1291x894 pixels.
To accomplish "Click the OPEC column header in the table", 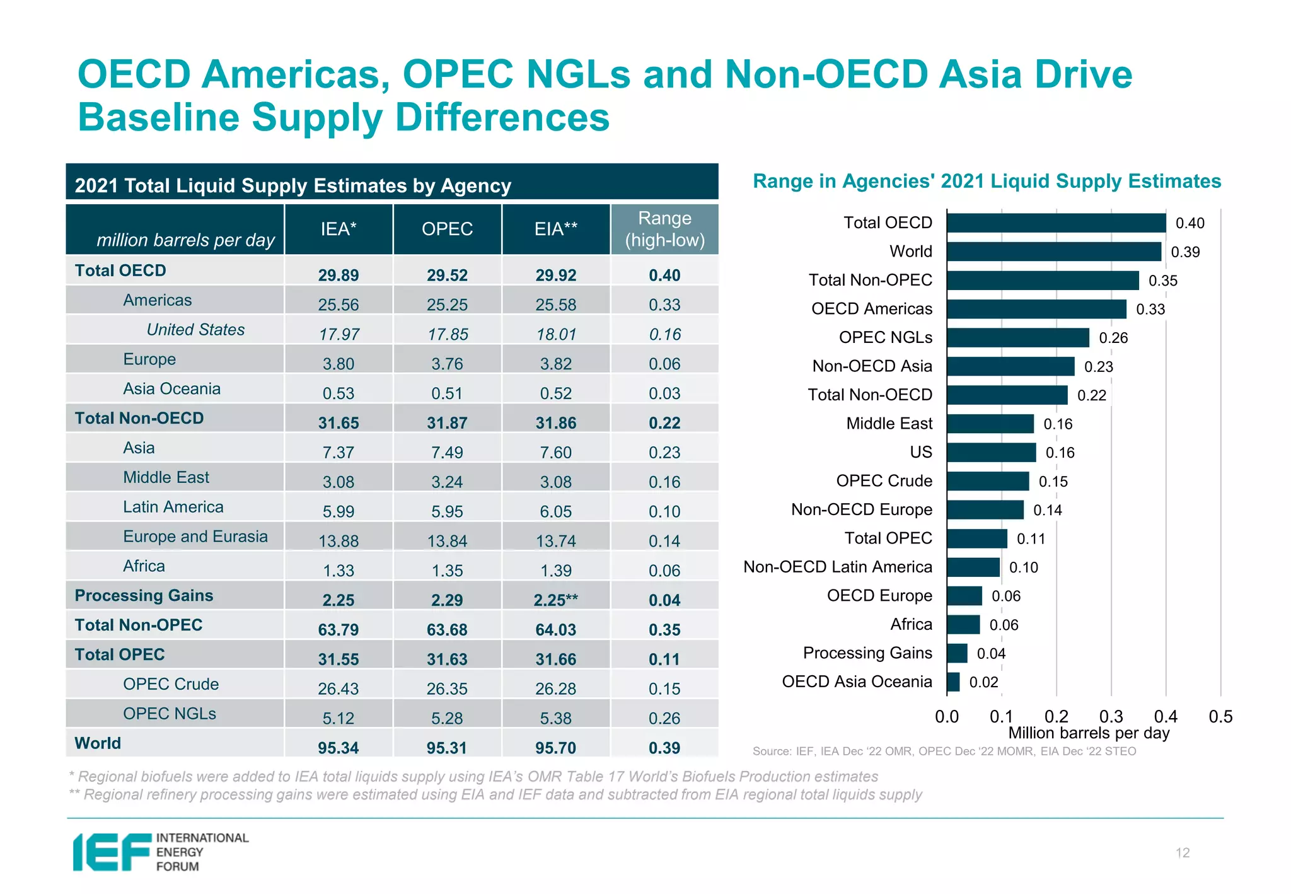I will coord(447,229).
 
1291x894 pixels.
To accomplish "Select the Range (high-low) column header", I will coord(664,229).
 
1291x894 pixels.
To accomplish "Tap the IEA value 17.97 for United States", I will coord(339,334).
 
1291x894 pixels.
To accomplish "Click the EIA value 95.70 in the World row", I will coord(555,748).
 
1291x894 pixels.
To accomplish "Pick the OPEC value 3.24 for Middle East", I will coord(447,482).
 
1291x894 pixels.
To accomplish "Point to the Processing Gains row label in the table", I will coord(144,596).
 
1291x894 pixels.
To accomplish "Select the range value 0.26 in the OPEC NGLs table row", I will coord(664,718).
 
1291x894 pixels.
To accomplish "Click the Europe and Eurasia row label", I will coord(195,537).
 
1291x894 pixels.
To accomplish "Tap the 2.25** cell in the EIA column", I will coord(555,600).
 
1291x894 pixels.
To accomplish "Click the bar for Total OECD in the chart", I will coord(1056,223).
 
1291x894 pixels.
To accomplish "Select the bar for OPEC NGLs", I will coord(1017,338).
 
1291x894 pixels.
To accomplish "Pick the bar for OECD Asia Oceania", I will coord(953,682).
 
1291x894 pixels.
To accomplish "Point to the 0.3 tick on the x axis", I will coord(1111,717).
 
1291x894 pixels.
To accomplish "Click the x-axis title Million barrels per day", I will coord(1089,733).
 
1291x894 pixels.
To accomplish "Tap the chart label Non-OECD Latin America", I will coord(837,567).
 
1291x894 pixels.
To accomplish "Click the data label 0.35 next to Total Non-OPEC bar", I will coord(1162,281).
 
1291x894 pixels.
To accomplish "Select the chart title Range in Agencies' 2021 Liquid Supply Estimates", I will coord(987,182).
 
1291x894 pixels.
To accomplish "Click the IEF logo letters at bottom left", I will coord(112,852).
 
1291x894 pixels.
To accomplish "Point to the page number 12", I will coord(1182,853).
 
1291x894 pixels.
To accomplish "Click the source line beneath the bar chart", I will coord(944,752).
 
